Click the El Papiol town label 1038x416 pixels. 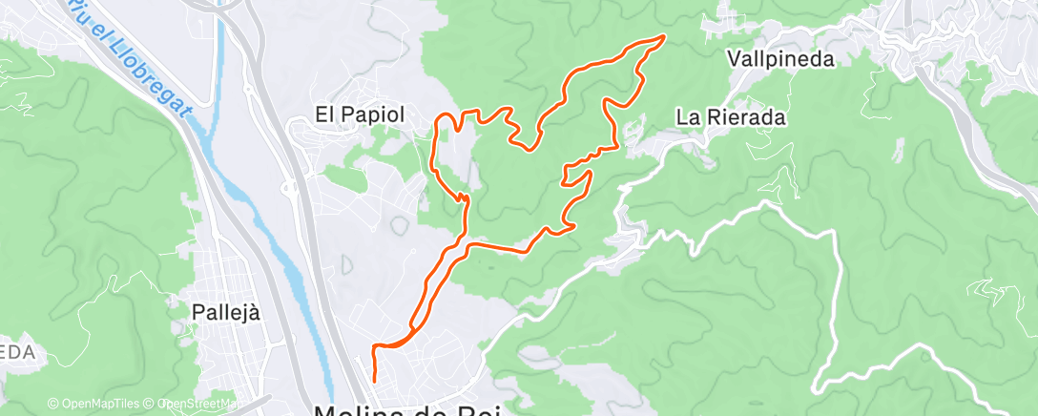coord(361,114)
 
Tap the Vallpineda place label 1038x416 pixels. coord(780,59)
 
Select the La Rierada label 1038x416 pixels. coord(731,118)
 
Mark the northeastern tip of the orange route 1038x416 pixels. coord(662,37)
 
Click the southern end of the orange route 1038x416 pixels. coord(372,380)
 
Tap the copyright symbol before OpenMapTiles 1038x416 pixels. coord(53,404)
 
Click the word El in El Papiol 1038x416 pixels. coord(324,114)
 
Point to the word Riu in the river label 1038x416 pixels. coord(84,13)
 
